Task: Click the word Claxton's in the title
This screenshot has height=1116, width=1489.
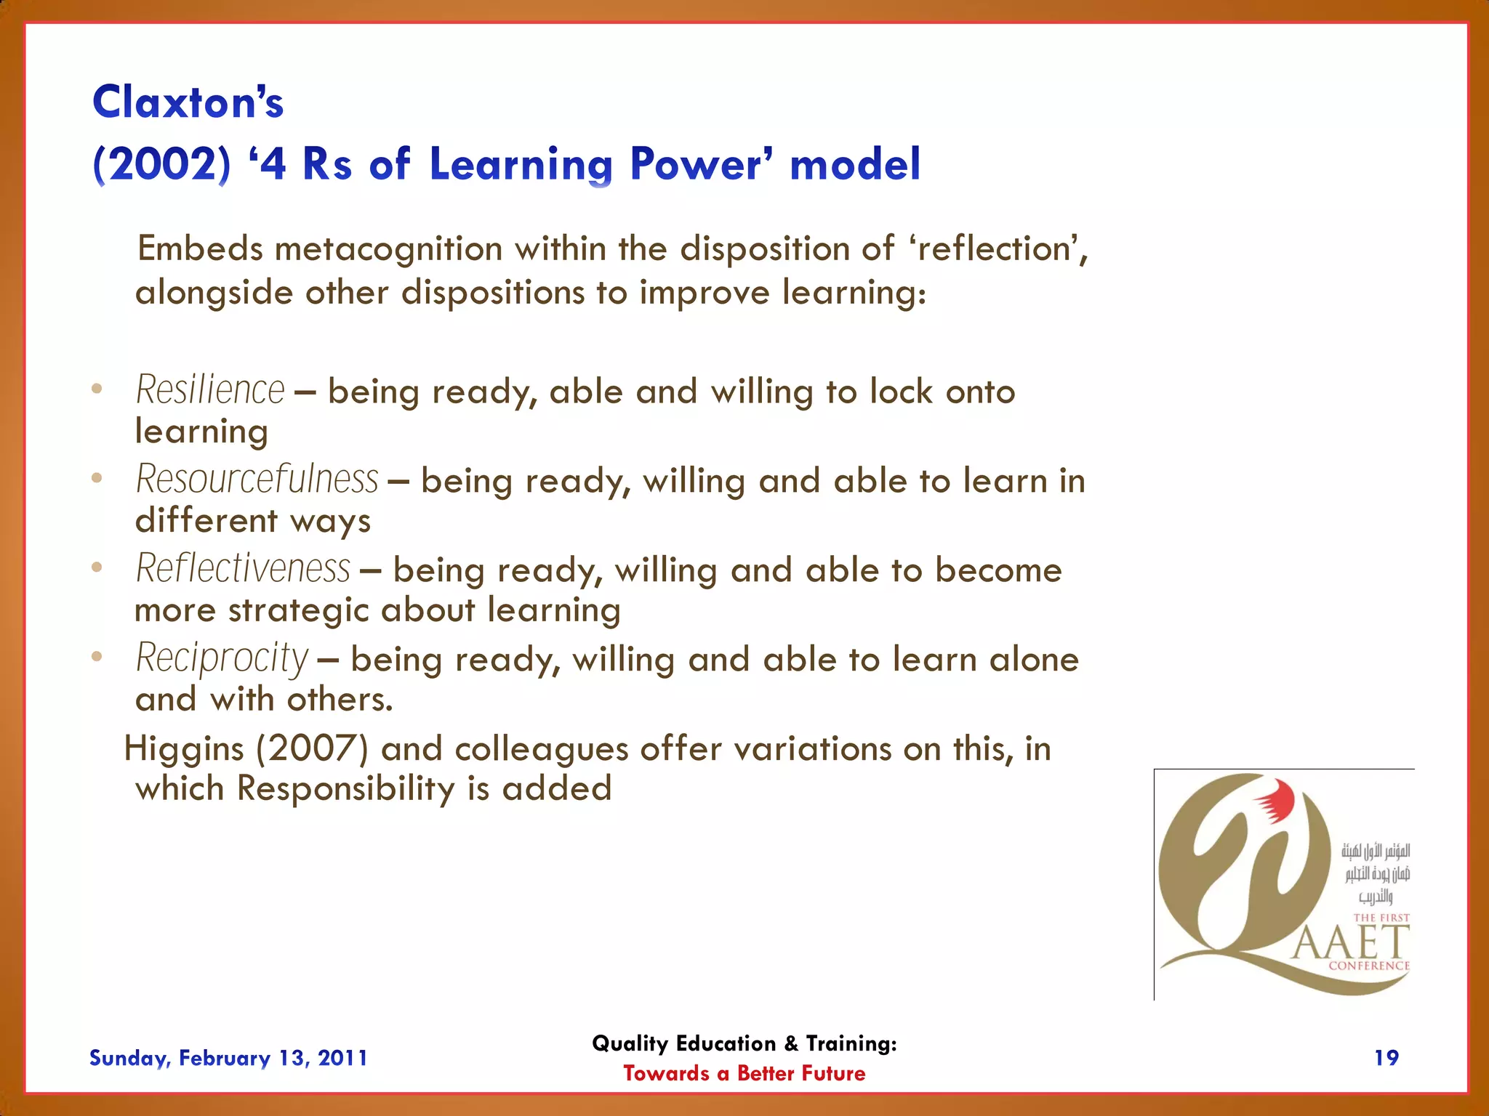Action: coord(188,102)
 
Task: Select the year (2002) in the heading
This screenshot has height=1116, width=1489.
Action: coord(161,164)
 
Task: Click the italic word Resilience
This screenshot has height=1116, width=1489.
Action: coord(210,390)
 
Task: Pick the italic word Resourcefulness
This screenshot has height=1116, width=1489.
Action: coord(257,480)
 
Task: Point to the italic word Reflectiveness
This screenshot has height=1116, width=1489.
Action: coord(243,569)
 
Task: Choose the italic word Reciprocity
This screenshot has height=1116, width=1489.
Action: coord(222,658)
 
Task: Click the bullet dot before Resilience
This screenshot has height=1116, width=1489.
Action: coord(97,389)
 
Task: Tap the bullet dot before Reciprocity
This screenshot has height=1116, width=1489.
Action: coord(97,657)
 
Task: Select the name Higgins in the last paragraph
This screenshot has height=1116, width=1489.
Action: coord(184,749)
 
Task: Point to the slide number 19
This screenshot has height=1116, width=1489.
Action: coord(1386,1058)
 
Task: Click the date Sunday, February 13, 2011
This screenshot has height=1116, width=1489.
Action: coord(228,1058)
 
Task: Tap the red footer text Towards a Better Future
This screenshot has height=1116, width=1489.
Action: coord(744,1073)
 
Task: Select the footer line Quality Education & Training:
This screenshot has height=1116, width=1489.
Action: coord(744,1043)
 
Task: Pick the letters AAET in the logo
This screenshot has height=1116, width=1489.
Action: coord(1351,944)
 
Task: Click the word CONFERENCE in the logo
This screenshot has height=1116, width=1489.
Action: coord(1368,966)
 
